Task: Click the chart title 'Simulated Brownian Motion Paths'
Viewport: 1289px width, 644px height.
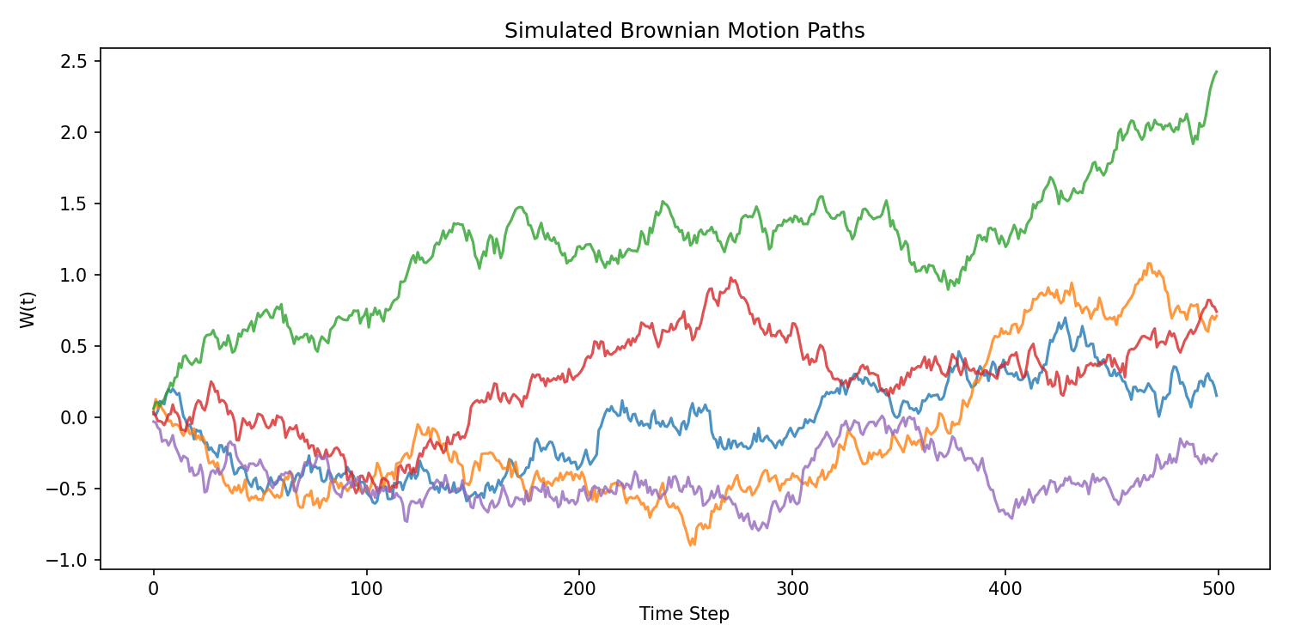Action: (x=684, y=31)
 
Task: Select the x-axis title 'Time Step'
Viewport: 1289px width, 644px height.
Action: (x=684, y=614)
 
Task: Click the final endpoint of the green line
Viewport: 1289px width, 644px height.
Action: (x=1217, y=71)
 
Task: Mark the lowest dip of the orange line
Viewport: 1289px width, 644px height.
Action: (x=691, y=545)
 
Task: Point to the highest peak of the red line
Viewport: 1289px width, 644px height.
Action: (x=730, y=278)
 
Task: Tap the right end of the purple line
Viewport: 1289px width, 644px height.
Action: (x=1217, y=453)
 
